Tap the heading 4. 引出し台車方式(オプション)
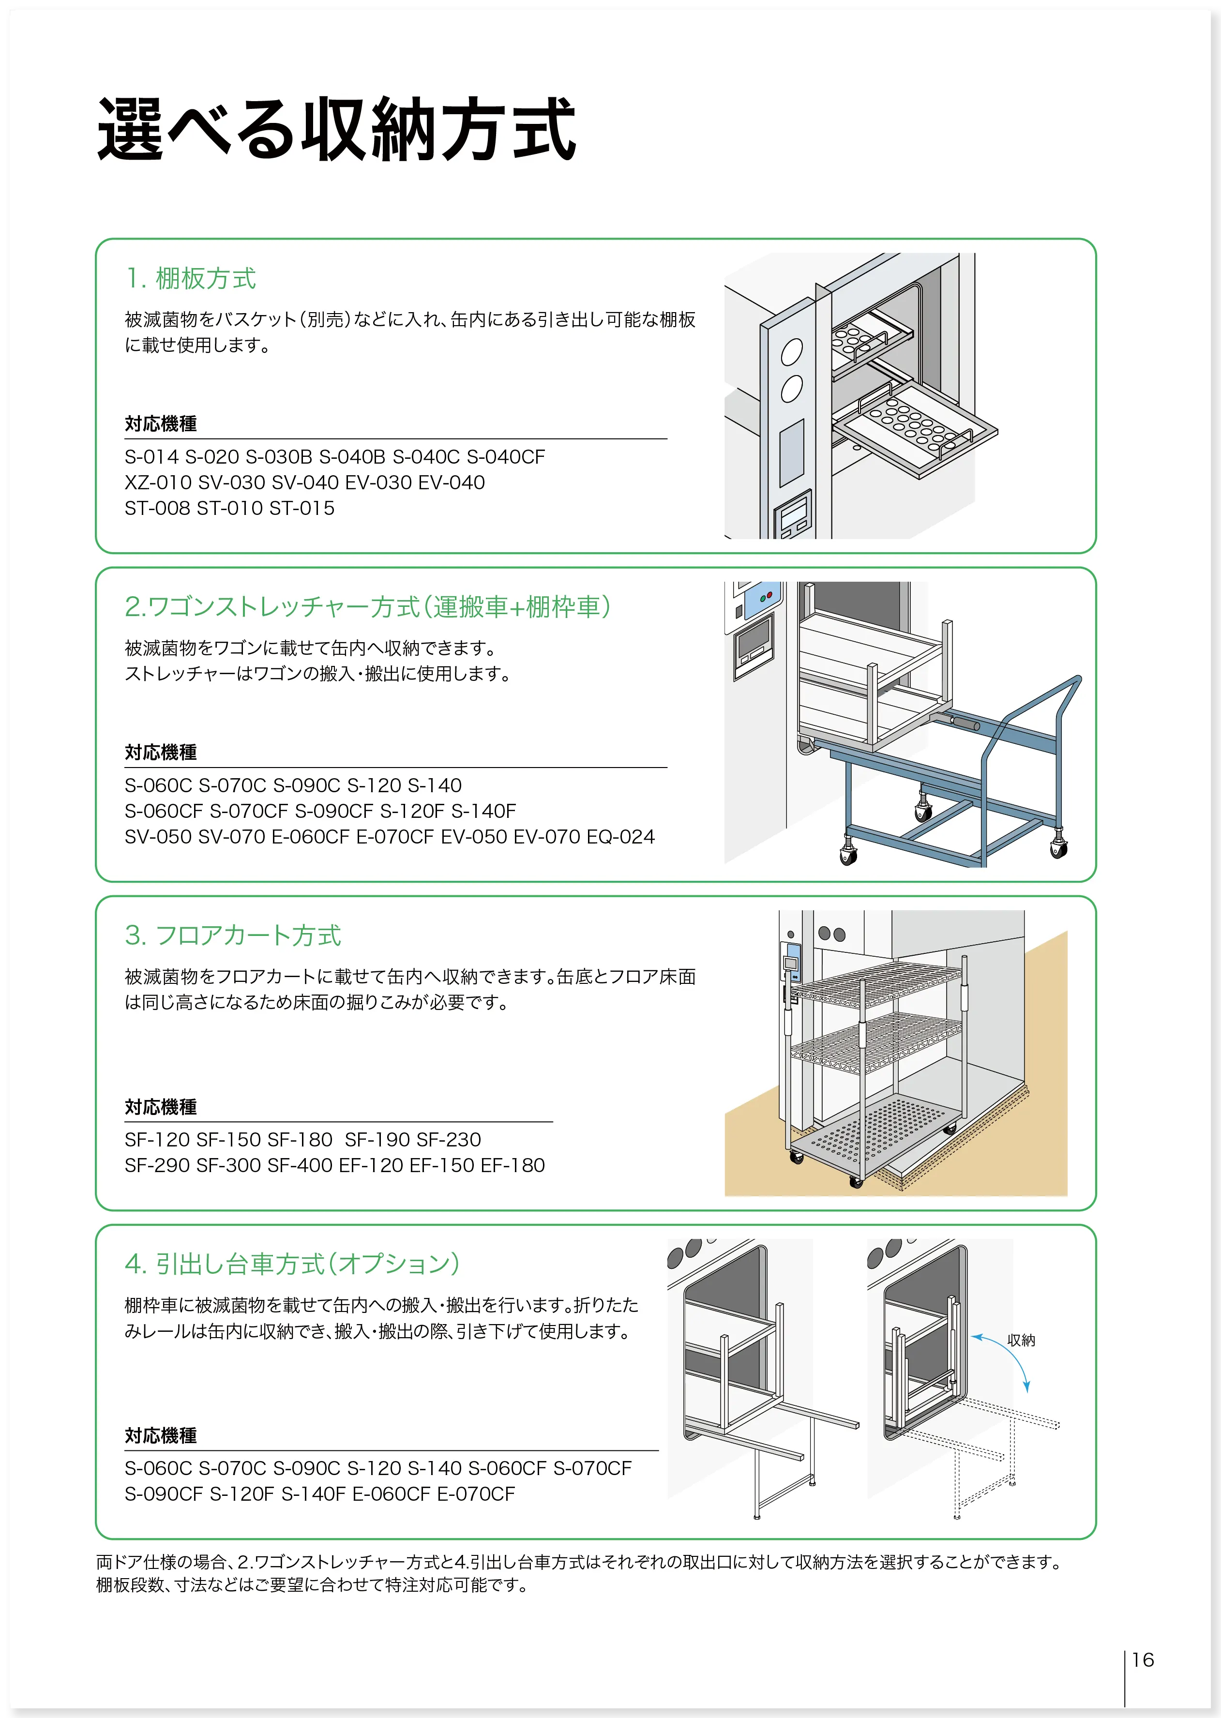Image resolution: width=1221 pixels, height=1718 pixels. (292, 1264)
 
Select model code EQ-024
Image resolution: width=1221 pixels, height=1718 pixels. (620, 837)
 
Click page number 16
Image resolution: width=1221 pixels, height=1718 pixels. (1142, 1660)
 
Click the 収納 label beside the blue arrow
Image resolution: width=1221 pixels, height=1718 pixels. (1021, 1340)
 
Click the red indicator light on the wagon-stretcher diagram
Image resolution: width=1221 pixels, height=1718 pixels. (769, 595)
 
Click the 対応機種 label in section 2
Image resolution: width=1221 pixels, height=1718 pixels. (161, 752)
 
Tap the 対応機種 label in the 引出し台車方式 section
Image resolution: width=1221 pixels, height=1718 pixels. (161, 1435)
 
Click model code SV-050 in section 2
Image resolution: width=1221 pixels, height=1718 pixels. (158, 837)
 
